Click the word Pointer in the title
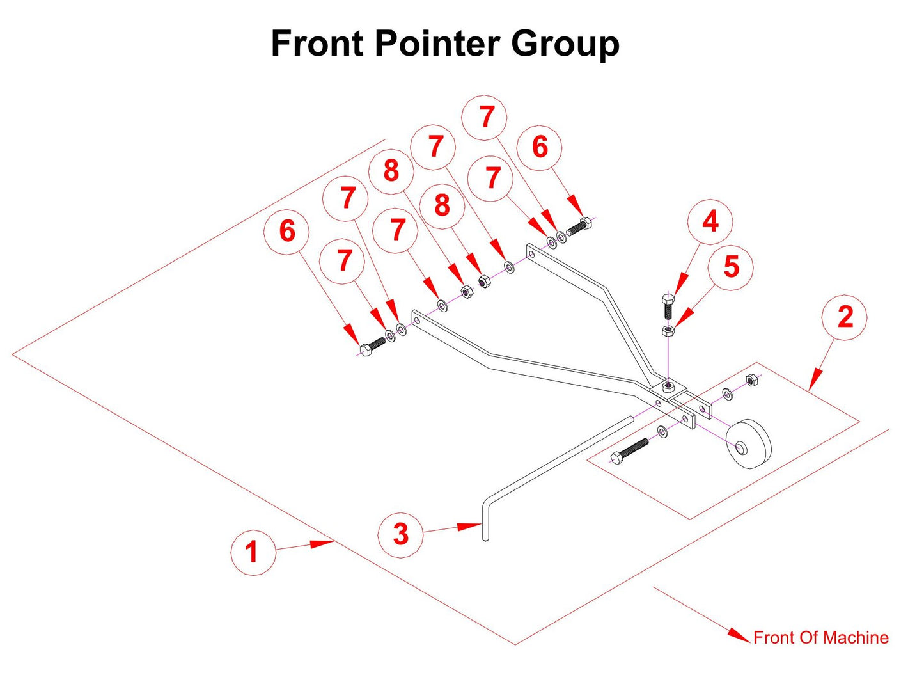(437, 44)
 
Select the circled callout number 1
(253, 551)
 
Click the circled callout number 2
(845, 317)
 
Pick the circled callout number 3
(400, 534)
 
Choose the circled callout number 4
(710, 222)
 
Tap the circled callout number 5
(731, 267)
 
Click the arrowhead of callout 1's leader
(327, 543)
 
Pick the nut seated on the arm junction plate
(668, 386)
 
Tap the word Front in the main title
(317, 44)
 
